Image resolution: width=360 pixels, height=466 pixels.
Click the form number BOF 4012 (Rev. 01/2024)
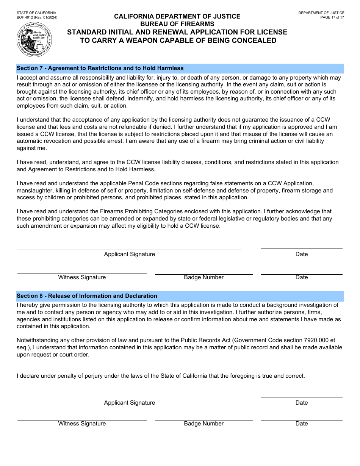(37, 17)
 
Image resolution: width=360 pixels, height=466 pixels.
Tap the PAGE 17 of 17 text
(332, 17)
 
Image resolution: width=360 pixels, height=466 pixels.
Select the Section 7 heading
(100, 68)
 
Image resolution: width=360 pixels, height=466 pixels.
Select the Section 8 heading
(87, 296)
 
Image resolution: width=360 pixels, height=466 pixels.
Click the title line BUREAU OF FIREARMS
(177, 24)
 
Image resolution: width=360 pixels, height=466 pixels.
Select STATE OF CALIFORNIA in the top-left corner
(36, 13)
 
